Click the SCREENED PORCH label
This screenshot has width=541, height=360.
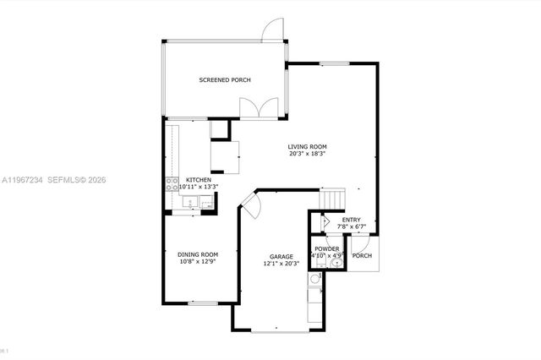click(225, 80)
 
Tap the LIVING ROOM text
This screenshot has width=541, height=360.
click(308, 146)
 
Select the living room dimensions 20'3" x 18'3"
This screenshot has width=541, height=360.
click(308, 154)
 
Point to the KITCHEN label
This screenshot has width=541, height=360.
click(199, 180)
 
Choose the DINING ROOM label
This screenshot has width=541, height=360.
click(198, 254)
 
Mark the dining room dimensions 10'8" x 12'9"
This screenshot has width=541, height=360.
click(198, 262)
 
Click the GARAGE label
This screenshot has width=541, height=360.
click(281, 256)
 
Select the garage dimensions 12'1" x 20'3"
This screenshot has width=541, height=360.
click(281, 264)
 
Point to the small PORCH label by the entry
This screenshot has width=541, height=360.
click(362, 256)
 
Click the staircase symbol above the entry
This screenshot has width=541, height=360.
click(333, 199)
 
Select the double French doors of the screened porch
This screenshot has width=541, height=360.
click(255, 109)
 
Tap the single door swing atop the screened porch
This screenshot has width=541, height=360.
click(272, 30)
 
